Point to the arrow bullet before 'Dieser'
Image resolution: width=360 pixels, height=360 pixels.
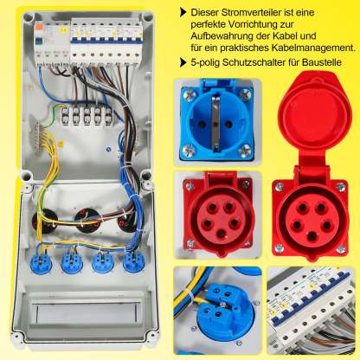183,12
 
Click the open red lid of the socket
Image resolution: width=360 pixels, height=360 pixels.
315,114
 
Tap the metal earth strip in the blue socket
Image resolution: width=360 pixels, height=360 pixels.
215,125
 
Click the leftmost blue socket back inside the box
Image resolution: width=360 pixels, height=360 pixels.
41,262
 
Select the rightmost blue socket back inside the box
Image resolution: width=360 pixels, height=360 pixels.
133,262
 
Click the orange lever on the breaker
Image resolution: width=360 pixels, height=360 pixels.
38,29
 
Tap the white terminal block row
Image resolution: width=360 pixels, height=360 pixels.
87,116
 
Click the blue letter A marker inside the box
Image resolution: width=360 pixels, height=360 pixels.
108,150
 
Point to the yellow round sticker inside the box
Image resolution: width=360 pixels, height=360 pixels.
61,144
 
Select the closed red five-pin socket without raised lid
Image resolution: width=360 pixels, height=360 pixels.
218,214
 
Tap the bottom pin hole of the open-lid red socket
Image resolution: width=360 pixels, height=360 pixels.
312,236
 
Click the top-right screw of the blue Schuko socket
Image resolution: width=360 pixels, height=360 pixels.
246,93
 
